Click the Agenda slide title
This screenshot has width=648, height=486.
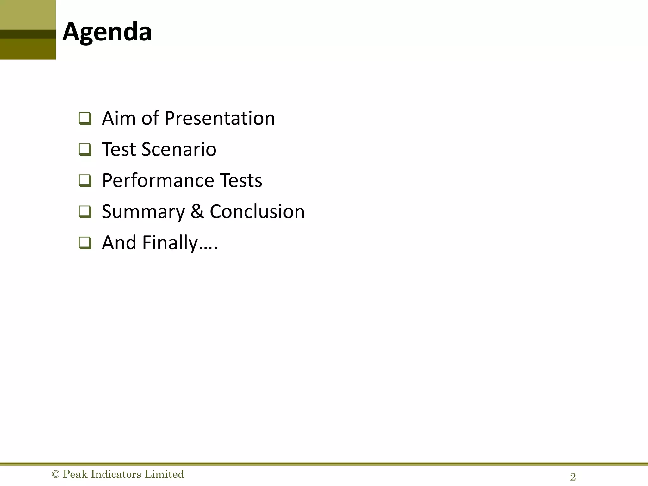(107, 32)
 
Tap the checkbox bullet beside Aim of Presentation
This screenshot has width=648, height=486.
(85, 119)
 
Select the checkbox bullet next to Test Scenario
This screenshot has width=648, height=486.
(85, 150)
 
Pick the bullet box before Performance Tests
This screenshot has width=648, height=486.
(85, 181)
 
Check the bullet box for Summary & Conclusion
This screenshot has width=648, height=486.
(85, 212)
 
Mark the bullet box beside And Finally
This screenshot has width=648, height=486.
(85, 243)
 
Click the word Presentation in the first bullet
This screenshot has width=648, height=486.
(220, 118)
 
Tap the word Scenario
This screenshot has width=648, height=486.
(179, 149)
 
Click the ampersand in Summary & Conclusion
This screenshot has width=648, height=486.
(197, 212)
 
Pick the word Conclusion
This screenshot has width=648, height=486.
(257, 211)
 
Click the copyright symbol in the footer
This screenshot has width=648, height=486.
(56, 474)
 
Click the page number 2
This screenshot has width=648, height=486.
(573, 477)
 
